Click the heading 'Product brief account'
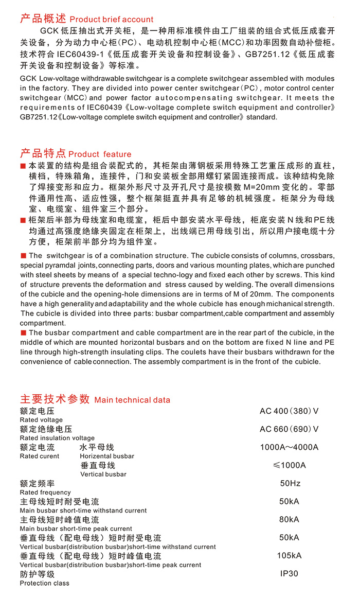[111, 20]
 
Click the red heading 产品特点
[43, 153]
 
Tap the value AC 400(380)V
[289, 411]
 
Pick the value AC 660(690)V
[289, 429]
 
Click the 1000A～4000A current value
[289, 447]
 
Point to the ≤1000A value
[289, 465]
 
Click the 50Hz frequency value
[290, 483]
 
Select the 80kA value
[289, 519]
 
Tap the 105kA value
[289, 555]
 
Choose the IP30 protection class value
[289, 573]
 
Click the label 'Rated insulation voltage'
[57, 438]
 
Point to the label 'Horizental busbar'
[107, 456]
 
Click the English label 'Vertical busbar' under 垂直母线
[103, 474]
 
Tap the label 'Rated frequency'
[45, 493]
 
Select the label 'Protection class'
[44, 583]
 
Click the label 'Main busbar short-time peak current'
[76, 529]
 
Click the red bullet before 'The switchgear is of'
[23, 256]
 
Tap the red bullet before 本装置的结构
[23, 167]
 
